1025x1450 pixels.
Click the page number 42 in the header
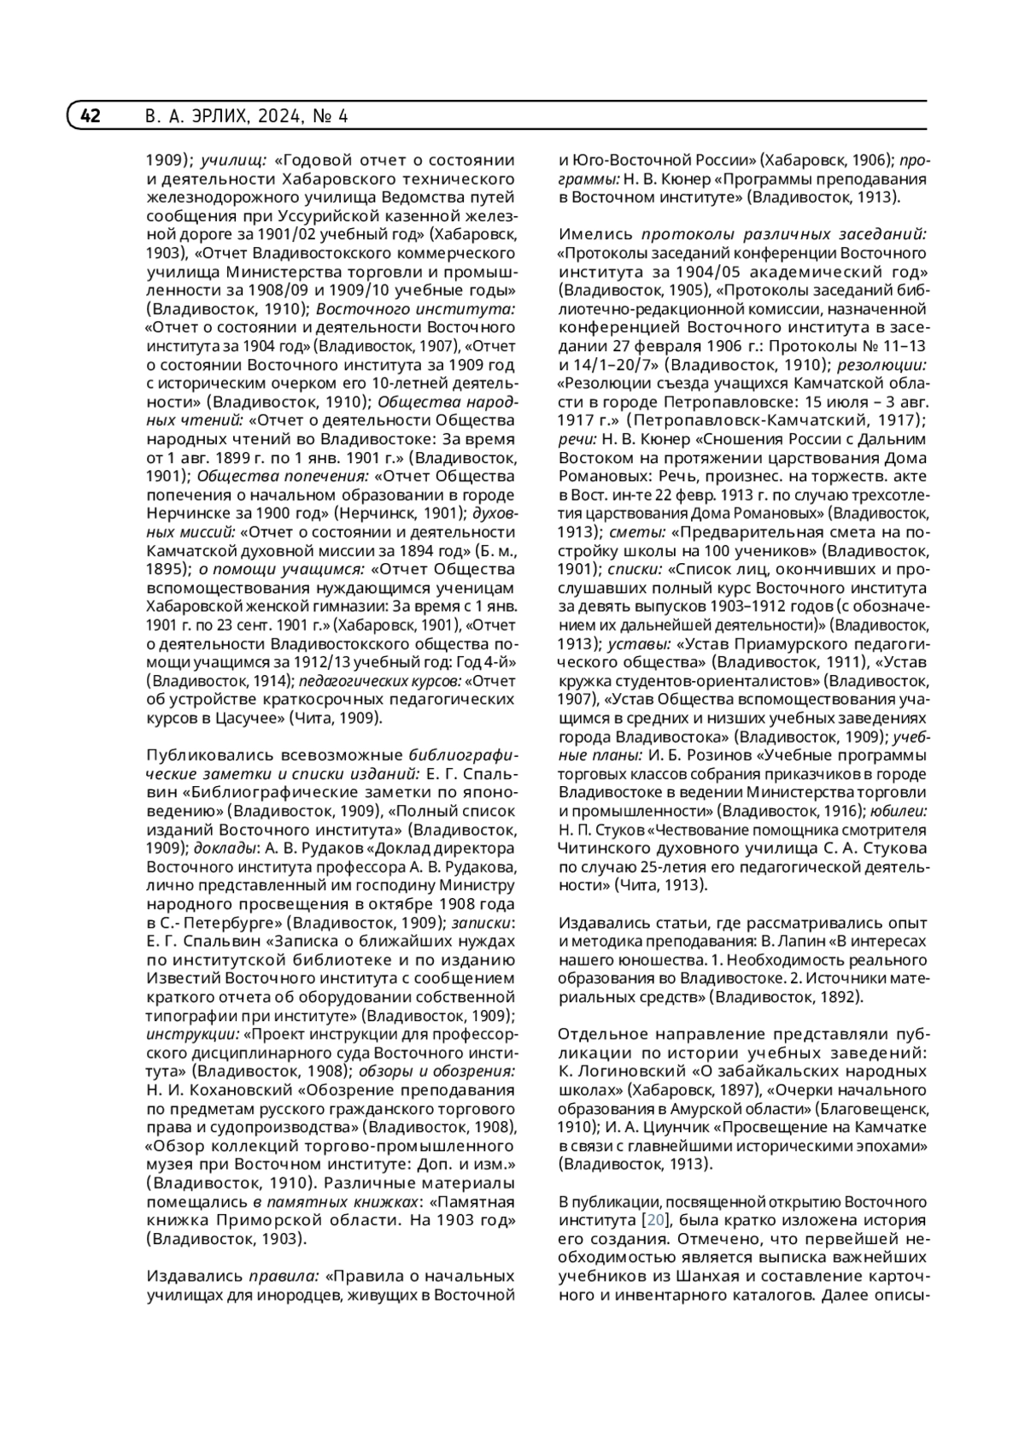[91, 116]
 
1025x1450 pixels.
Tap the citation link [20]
[654, 1219]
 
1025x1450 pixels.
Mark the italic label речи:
[577, 439]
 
